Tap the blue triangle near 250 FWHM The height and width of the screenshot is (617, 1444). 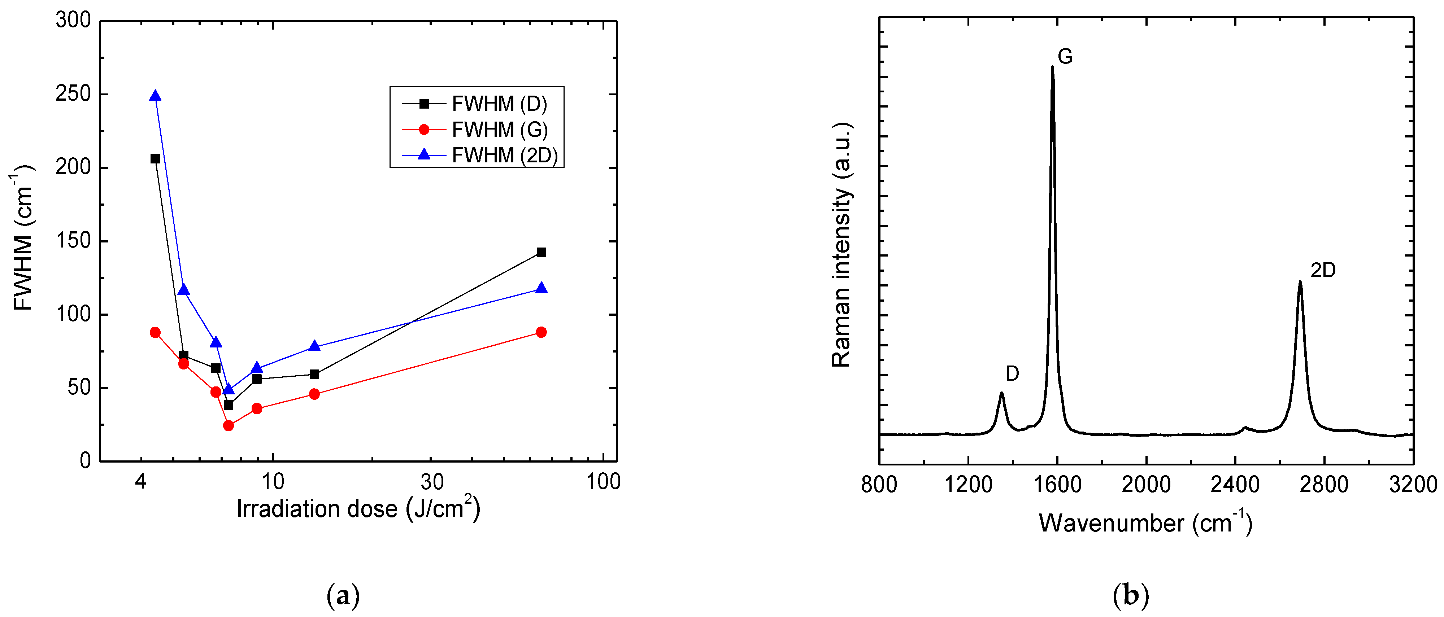[155, 96]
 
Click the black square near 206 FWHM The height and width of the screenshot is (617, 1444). [155, 159]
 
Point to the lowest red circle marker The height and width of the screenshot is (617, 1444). [228, 426]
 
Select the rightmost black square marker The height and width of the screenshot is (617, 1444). [541, 253]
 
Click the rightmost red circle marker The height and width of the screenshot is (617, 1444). [541, 332]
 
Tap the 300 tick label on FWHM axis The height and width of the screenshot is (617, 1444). [73, 20]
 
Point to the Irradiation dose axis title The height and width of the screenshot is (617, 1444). [358, 508]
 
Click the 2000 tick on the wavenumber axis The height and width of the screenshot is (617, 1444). [1146, 485]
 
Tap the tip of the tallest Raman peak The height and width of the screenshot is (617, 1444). [1052, 67]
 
